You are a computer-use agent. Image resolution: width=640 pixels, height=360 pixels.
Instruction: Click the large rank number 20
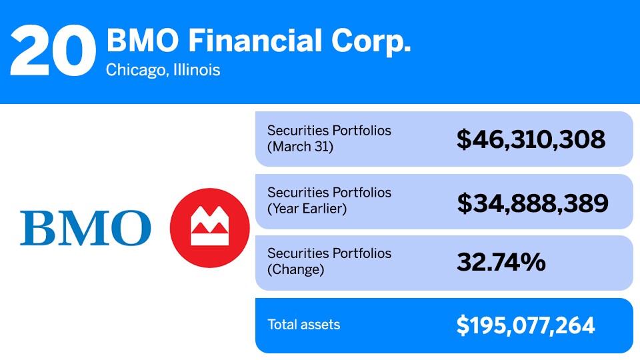pyautogui.click(x=52, y=51)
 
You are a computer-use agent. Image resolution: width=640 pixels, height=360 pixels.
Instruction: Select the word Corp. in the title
pyautogui.click(x=373, y=41)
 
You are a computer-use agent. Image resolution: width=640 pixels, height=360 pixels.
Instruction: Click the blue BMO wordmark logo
pyautogui.click(x=85, y=228)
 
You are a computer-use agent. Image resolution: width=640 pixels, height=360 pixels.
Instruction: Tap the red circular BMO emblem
pyautogui.click(x=210, y=228)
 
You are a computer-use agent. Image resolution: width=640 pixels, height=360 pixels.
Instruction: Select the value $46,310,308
pyautogui.click(x=531, y=139)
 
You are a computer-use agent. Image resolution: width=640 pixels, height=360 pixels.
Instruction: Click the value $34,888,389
pyautogui.click(x=532, y=202)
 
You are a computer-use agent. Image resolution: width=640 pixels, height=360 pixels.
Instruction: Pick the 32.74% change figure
pyautogui.click(x=501, y=263)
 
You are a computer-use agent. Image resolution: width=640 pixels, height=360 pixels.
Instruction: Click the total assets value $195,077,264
pyautogui.click(x=525, y=325)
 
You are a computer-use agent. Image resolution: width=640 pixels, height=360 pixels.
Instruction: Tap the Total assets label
pyautogui.click(x=303, y=325)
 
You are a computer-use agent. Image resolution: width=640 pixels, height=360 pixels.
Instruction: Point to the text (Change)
pyautogui.click(x=295, y=270)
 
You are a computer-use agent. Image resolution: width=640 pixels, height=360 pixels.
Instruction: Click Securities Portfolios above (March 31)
pyautogui.click(x=329, y=131)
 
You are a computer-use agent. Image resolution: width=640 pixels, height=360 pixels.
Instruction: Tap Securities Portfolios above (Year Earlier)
pyautogui.click(x=329, y=193)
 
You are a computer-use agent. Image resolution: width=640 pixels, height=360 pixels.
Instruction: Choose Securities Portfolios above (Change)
pyautogui.click(x=329, y=254)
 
